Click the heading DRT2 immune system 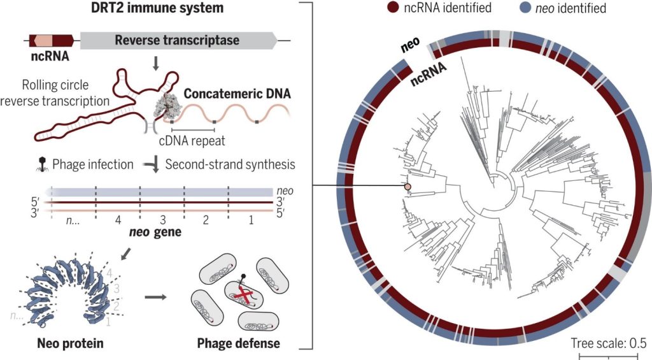pyautogui.click(x=148, y=9)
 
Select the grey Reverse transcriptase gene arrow pyautogui.click(x=178, y=41)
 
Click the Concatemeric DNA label pyautogui.click(x=237, y=94)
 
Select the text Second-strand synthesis pyautogui.click(x=230, y=164)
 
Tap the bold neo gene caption pyautogui.click(x=159, y=233)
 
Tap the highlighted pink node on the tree pyautogui.click(x=407, y=186)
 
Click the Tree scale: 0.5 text pyautogui.click(x=609, y=342)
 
